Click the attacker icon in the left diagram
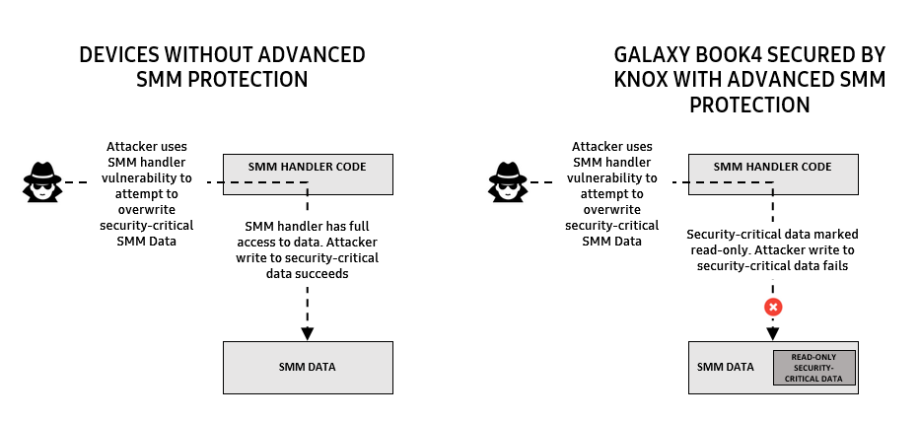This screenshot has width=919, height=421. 42,179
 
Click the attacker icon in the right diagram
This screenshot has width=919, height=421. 508,179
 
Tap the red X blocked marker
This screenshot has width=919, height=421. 774,307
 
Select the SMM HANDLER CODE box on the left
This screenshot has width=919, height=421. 308,174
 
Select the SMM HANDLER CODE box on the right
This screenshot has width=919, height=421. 772,174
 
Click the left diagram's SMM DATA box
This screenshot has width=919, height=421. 308,368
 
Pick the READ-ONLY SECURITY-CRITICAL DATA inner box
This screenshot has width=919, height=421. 813,368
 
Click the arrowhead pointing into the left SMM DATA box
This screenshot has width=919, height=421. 308,332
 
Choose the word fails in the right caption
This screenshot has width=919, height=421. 836,265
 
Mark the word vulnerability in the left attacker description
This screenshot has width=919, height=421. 150,178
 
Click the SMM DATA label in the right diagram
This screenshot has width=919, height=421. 726,368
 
